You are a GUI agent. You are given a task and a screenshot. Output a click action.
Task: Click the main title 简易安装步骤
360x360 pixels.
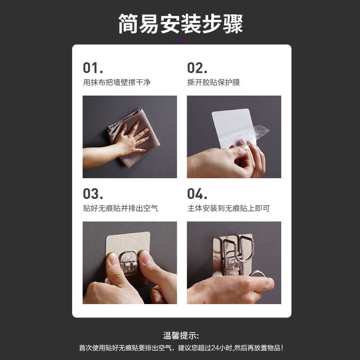[180, 24]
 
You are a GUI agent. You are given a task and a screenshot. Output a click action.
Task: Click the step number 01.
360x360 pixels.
[93, 68]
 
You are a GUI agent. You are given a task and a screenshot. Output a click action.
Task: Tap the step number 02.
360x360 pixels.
[197, 68]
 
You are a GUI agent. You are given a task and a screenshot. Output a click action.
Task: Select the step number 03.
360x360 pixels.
[93, 194]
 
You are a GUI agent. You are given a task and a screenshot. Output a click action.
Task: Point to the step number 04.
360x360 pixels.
[197, 194]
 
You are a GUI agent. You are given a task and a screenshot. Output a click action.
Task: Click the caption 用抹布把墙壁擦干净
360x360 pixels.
[117, 82]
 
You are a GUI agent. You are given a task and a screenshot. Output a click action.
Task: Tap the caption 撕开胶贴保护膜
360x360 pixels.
[213, 82]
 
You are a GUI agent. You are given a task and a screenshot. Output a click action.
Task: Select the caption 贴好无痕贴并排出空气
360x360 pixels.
[121, 208]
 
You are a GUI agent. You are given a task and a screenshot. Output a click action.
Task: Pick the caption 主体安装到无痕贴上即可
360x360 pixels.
[229, 208]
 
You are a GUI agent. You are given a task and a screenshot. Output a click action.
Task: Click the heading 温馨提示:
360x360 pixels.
[181, 335]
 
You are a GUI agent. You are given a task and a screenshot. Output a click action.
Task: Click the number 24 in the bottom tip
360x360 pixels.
[215, 348]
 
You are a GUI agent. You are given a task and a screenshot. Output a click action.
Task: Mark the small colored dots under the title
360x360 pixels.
[180, 40]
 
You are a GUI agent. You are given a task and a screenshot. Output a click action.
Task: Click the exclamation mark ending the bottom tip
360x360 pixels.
[282, 348]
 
